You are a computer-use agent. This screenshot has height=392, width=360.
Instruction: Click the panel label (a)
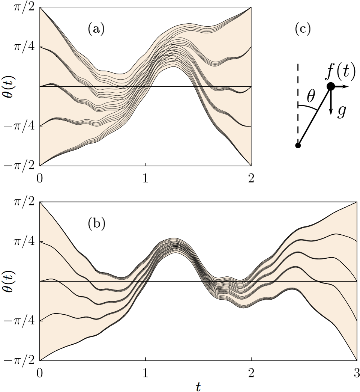pyautogui.click(x=96, y=29)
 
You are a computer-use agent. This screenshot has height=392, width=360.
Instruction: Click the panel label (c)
pyautogui.click(x=303, y=29)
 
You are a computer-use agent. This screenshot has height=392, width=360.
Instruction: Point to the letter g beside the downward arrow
pyautogui.click(x=341, y=112)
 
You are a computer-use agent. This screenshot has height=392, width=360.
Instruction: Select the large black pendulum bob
pyautogui.click(x=330, y=86)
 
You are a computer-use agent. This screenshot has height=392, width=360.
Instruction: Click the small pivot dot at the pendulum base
pyautogui.click(x=298, y=145)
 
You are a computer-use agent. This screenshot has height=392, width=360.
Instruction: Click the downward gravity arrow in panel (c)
pyautogui.click(x=330, y=103)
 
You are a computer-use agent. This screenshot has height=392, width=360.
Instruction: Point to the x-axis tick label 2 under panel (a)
pyautogui.click(x=251, y=178)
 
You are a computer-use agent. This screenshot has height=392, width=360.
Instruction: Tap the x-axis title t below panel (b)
pyautogui.click(x=198, y=386)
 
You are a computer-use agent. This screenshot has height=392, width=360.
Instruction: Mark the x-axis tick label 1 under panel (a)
pyautogui.click(x=145, y=178)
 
